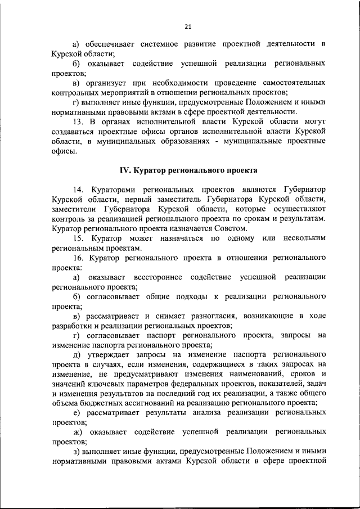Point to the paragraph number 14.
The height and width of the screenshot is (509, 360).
79,191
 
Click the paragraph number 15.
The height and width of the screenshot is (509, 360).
79,238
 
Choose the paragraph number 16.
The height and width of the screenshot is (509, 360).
79,257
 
